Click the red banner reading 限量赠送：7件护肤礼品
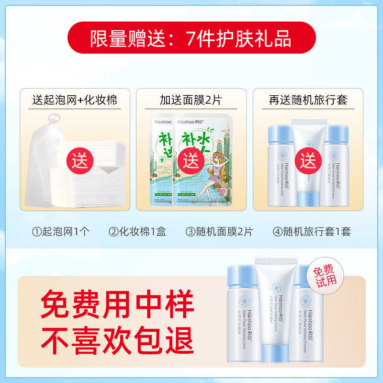191,37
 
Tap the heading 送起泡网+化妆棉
74,100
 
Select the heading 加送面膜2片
191,100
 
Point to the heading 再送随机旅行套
308,100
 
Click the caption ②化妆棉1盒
137,231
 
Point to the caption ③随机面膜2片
219,231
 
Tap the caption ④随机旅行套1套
312,231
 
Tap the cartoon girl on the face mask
206,172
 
